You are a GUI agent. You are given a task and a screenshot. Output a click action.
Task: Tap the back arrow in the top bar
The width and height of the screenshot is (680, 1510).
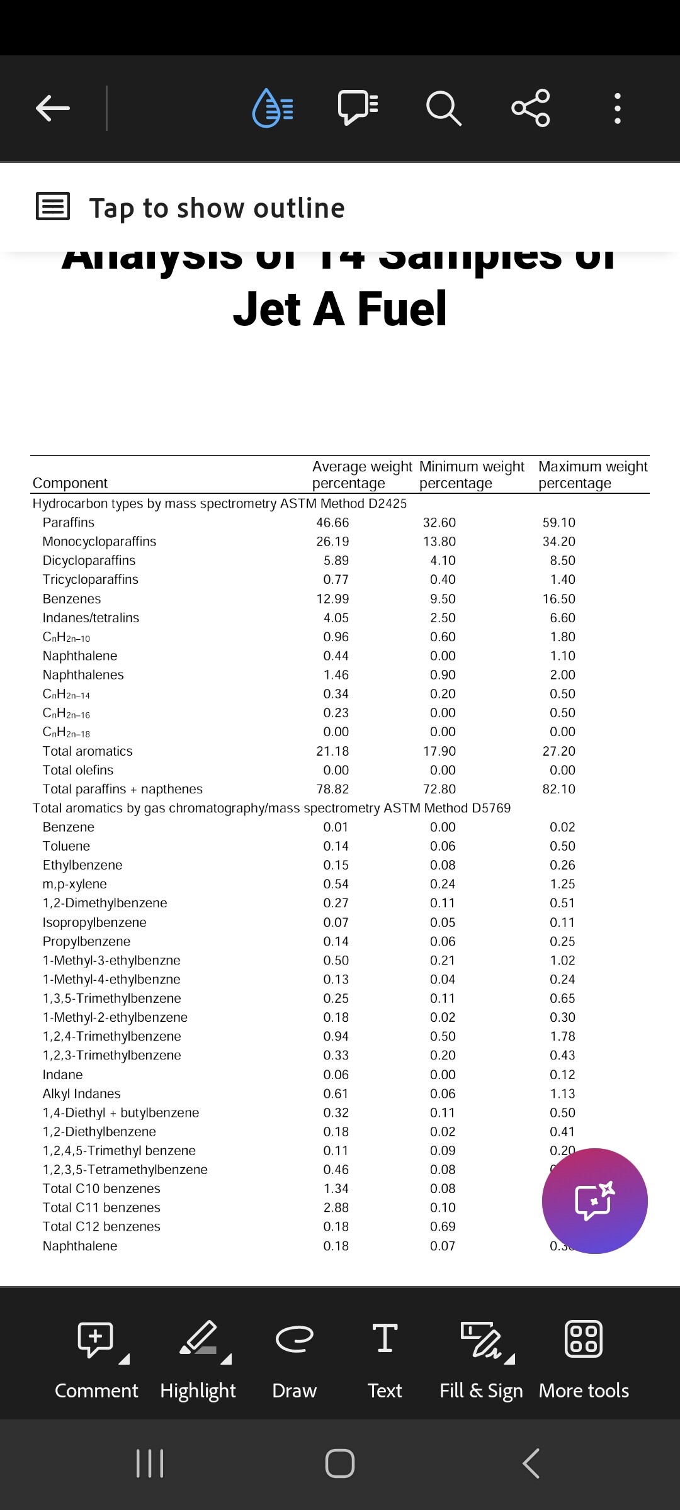[x=53, y=108]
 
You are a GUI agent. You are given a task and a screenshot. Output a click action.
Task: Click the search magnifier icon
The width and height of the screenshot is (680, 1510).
[x=443, y=108]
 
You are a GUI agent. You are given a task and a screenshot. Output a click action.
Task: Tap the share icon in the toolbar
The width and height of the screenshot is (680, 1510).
[x=531, y=108]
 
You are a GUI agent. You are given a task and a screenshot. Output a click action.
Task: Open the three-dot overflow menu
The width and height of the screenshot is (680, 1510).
[x=617, y=108]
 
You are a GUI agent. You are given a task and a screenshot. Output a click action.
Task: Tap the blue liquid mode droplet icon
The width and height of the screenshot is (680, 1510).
[x=272, y=108]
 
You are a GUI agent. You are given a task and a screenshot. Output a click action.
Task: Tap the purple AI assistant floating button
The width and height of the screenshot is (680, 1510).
[x=594, y=1200]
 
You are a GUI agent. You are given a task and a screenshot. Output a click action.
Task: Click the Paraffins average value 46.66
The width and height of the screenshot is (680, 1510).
[x=332, y=523]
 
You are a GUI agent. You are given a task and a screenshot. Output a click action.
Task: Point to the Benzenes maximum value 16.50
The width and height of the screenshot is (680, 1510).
[x=559, y=599]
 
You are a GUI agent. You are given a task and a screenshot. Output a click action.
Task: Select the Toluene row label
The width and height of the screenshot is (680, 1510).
[x=66, y=846]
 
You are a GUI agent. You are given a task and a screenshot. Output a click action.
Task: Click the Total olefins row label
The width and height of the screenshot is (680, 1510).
[x=78, y=770]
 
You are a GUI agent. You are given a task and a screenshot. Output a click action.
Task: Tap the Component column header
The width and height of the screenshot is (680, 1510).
[x=70, y=483]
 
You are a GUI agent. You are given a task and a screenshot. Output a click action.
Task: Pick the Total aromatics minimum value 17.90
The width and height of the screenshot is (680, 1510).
[x=439, y=751]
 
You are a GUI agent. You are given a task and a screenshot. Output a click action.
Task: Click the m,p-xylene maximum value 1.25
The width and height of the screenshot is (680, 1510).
[x=562, y=884]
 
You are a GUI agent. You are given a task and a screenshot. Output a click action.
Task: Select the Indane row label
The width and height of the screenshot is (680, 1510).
[x=62, y=1075]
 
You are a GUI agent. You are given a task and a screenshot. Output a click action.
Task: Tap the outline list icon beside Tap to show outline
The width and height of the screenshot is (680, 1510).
[x=53, y=206]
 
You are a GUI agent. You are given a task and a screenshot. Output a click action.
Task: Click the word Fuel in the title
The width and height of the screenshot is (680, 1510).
[x=402, y=310]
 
